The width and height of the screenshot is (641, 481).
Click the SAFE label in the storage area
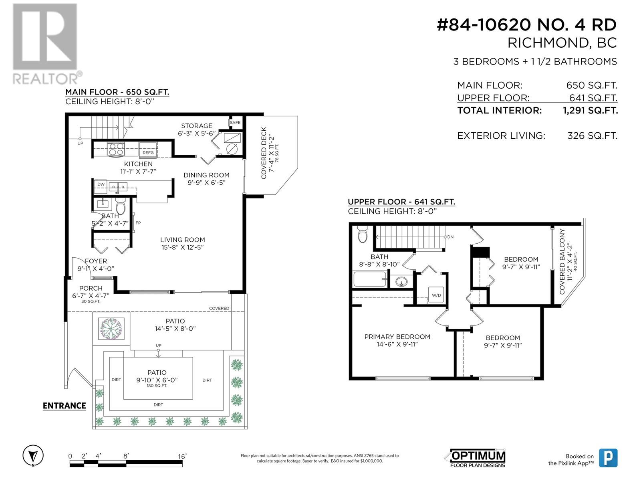click(235, 123)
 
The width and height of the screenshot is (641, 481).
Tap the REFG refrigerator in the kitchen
click(148, 150)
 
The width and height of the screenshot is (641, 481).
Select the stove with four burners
click(116, 149)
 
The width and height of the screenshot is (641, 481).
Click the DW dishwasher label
click(101, 184)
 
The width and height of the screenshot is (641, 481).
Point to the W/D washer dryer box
click(436, 295)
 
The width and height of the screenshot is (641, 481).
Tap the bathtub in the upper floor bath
click(370, 279)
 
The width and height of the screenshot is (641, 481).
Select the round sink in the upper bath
click(402, 282)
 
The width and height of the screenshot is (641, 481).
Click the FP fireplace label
click(138, 223)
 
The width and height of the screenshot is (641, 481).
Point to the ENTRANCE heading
click(64, 406)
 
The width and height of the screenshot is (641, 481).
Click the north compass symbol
click(33, 455)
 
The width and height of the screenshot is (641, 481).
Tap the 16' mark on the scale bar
click(182, 456)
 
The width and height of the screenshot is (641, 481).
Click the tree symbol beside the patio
click(111, 329)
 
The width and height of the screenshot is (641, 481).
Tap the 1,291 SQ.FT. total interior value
click(590, 111)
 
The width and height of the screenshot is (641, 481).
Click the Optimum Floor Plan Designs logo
click(475, 458)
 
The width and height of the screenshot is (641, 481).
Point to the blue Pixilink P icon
click(608, 458)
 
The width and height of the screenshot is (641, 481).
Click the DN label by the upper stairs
click(450, 237)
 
